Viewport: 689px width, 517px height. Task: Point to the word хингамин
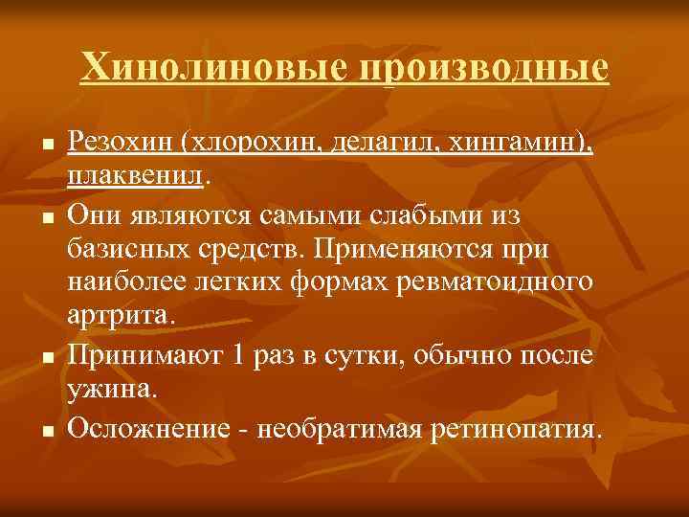pos(522,145)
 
